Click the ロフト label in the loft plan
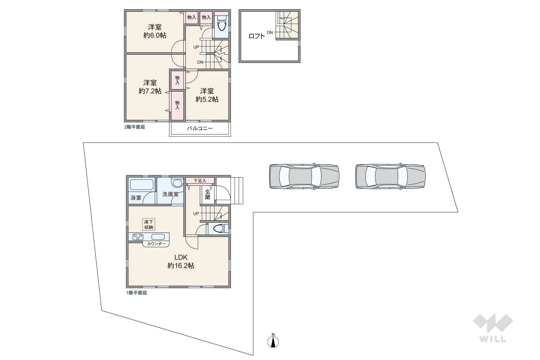click(257, 36)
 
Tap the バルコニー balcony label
click(200, 128)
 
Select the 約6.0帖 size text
click(155, 36)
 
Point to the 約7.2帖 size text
click(150, 91)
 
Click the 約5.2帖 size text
click(207, 99)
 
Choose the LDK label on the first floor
click(181, 257)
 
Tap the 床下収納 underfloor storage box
click(149, 225)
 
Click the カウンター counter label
click(156, 244)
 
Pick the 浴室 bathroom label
click(136, 198)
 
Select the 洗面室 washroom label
click(170, 194)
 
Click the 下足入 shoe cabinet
click(200, 180)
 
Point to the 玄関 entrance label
click(208, 195)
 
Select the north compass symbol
click(273, 340)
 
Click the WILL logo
click(493, 328)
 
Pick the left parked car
click(304, 176)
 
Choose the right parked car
click(390, 176)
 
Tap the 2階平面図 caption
click(134, 127)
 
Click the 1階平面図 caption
click(137, 293)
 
